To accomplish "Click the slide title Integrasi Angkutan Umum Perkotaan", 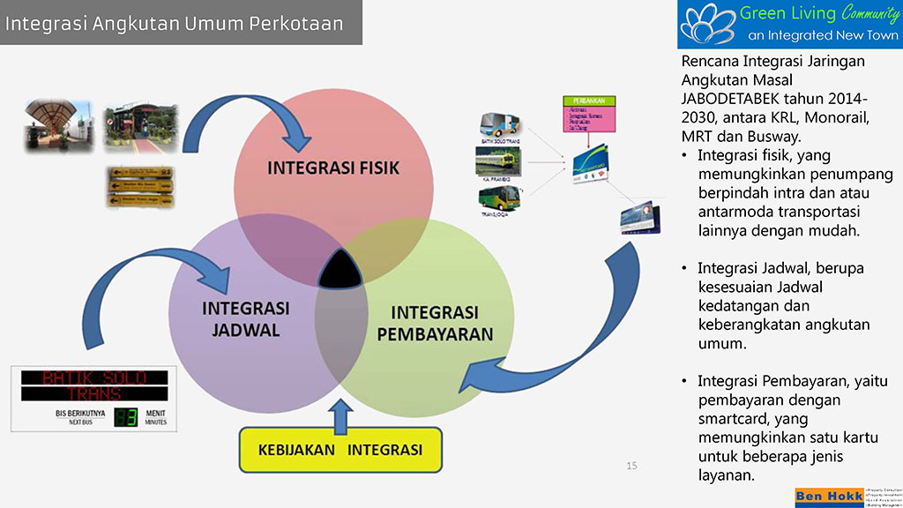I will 174,24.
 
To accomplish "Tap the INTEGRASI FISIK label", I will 334,168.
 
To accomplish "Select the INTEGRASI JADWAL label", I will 245,319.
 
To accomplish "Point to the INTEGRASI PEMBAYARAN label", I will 434,323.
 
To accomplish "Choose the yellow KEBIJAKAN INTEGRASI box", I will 340,450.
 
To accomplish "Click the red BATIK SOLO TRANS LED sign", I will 94,385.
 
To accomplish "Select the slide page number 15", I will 631,466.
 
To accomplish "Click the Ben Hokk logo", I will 828,497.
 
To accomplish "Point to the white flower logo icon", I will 707,24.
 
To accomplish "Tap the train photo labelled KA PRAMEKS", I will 498,161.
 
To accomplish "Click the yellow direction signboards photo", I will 139,185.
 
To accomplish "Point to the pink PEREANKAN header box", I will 587,100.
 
